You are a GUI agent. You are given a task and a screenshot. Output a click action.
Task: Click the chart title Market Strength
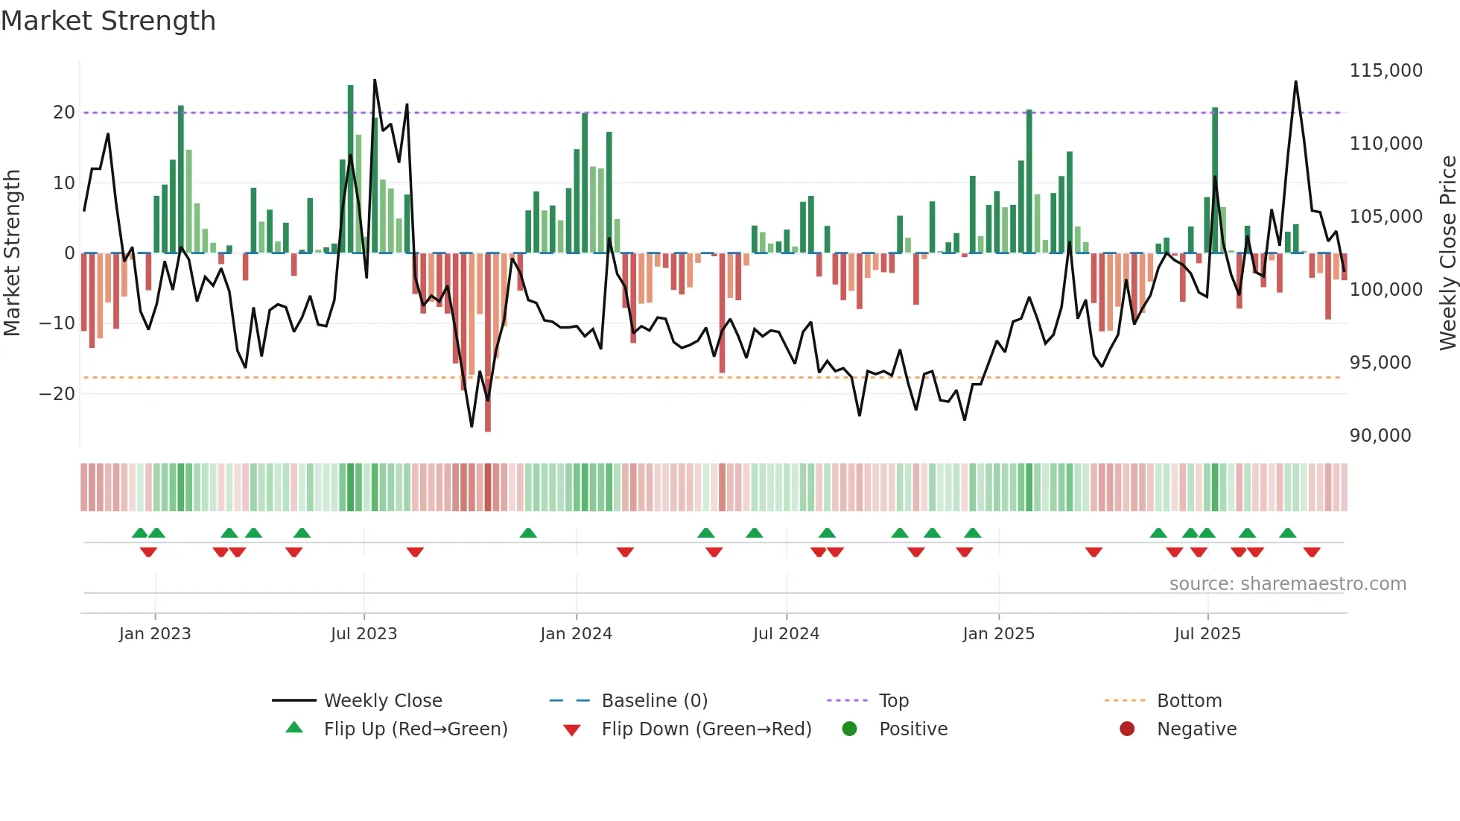pyautogui.click(x=109, y=21)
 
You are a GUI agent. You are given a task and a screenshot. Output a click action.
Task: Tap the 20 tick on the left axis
pyautogui.click(x=64, y=112)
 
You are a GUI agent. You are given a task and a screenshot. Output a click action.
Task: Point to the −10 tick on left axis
pyautogui.click(x=57, y=323)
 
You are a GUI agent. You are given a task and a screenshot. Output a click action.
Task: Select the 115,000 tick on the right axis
pyautogui.click(x=1386, y=71)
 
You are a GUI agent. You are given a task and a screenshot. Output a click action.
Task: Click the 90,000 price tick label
pyautogui.click(x=1380, y=436)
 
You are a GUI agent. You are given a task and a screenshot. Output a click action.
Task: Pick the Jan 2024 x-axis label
pyautogui.click(x=576, y=634)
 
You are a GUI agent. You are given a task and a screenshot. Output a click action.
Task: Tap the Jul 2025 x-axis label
pyautogui.click(x=1207, y=634)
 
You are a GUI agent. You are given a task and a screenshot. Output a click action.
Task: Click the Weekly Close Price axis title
pyautogui.click(x=1447, y=253)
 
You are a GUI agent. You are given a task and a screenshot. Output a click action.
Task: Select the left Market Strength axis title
pyautogui.click(x=13, y=253)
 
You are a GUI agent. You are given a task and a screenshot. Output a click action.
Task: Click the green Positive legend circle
pyautogui.click(x=849, y=729)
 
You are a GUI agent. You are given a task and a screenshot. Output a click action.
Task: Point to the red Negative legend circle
pyautogui.click(x=1127, y=729)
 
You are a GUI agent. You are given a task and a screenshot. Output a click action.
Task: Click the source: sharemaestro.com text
pyautogui.click(x=1287, y=584)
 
